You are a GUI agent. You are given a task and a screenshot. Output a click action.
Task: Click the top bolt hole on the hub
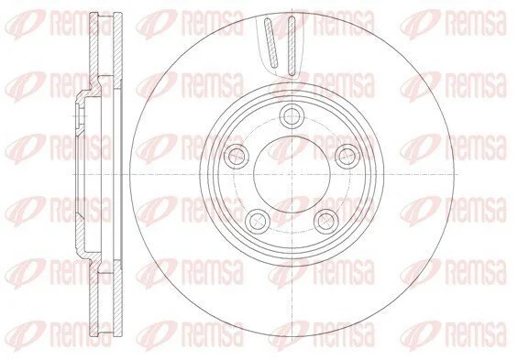click(292, 115)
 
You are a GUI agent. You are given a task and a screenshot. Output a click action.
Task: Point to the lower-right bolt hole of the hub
click(326, 221)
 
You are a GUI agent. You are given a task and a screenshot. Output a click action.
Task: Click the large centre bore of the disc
click(292, 174)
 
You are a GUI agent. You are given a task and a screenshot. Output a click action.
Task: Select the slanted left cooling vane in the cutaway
click(270, 43)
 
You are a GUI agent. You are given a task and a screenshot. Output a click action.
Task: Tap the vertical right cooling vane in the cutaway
click(291, 45)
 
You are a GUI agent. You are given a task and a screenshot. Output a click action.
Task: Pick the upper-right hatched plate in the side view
click(118, 50)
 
